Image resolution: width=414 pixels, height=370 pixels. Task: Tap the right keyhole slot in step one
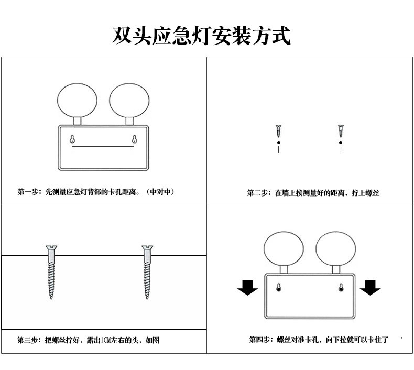(135, 139)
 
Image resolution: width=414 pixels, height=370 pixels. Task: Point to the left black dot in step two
(278, 142)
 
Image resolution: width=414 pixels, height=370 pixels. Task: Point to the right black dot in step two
(341, 142)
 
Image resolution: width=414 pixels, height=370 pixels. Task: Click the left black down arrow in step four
(247, 287)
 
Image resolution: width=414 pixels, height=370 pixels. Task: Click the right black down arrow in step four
(370, 287)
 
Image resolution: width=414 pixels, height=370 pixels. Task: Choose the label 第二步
(258, 193)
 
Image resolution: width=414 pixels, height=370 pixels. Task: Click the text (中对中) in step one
(160, 192)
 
